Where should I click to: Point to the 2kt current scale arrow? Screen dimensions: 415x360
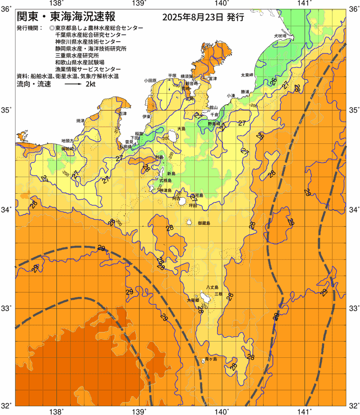pyautogui.click(x=72, y=85)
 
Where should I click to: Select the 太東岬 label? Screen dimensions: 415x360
pyautogui.click(x=247, y=74)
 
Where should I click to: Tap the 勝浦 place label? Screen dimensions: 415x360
pyautogui.click(x=244, y=91)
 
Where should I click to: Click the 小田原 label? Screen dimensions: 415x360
pyautogui.click(x=150, y=80)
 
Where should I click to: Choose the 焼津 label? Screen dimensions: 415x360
pyautogui.click(x=80, y=121)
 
